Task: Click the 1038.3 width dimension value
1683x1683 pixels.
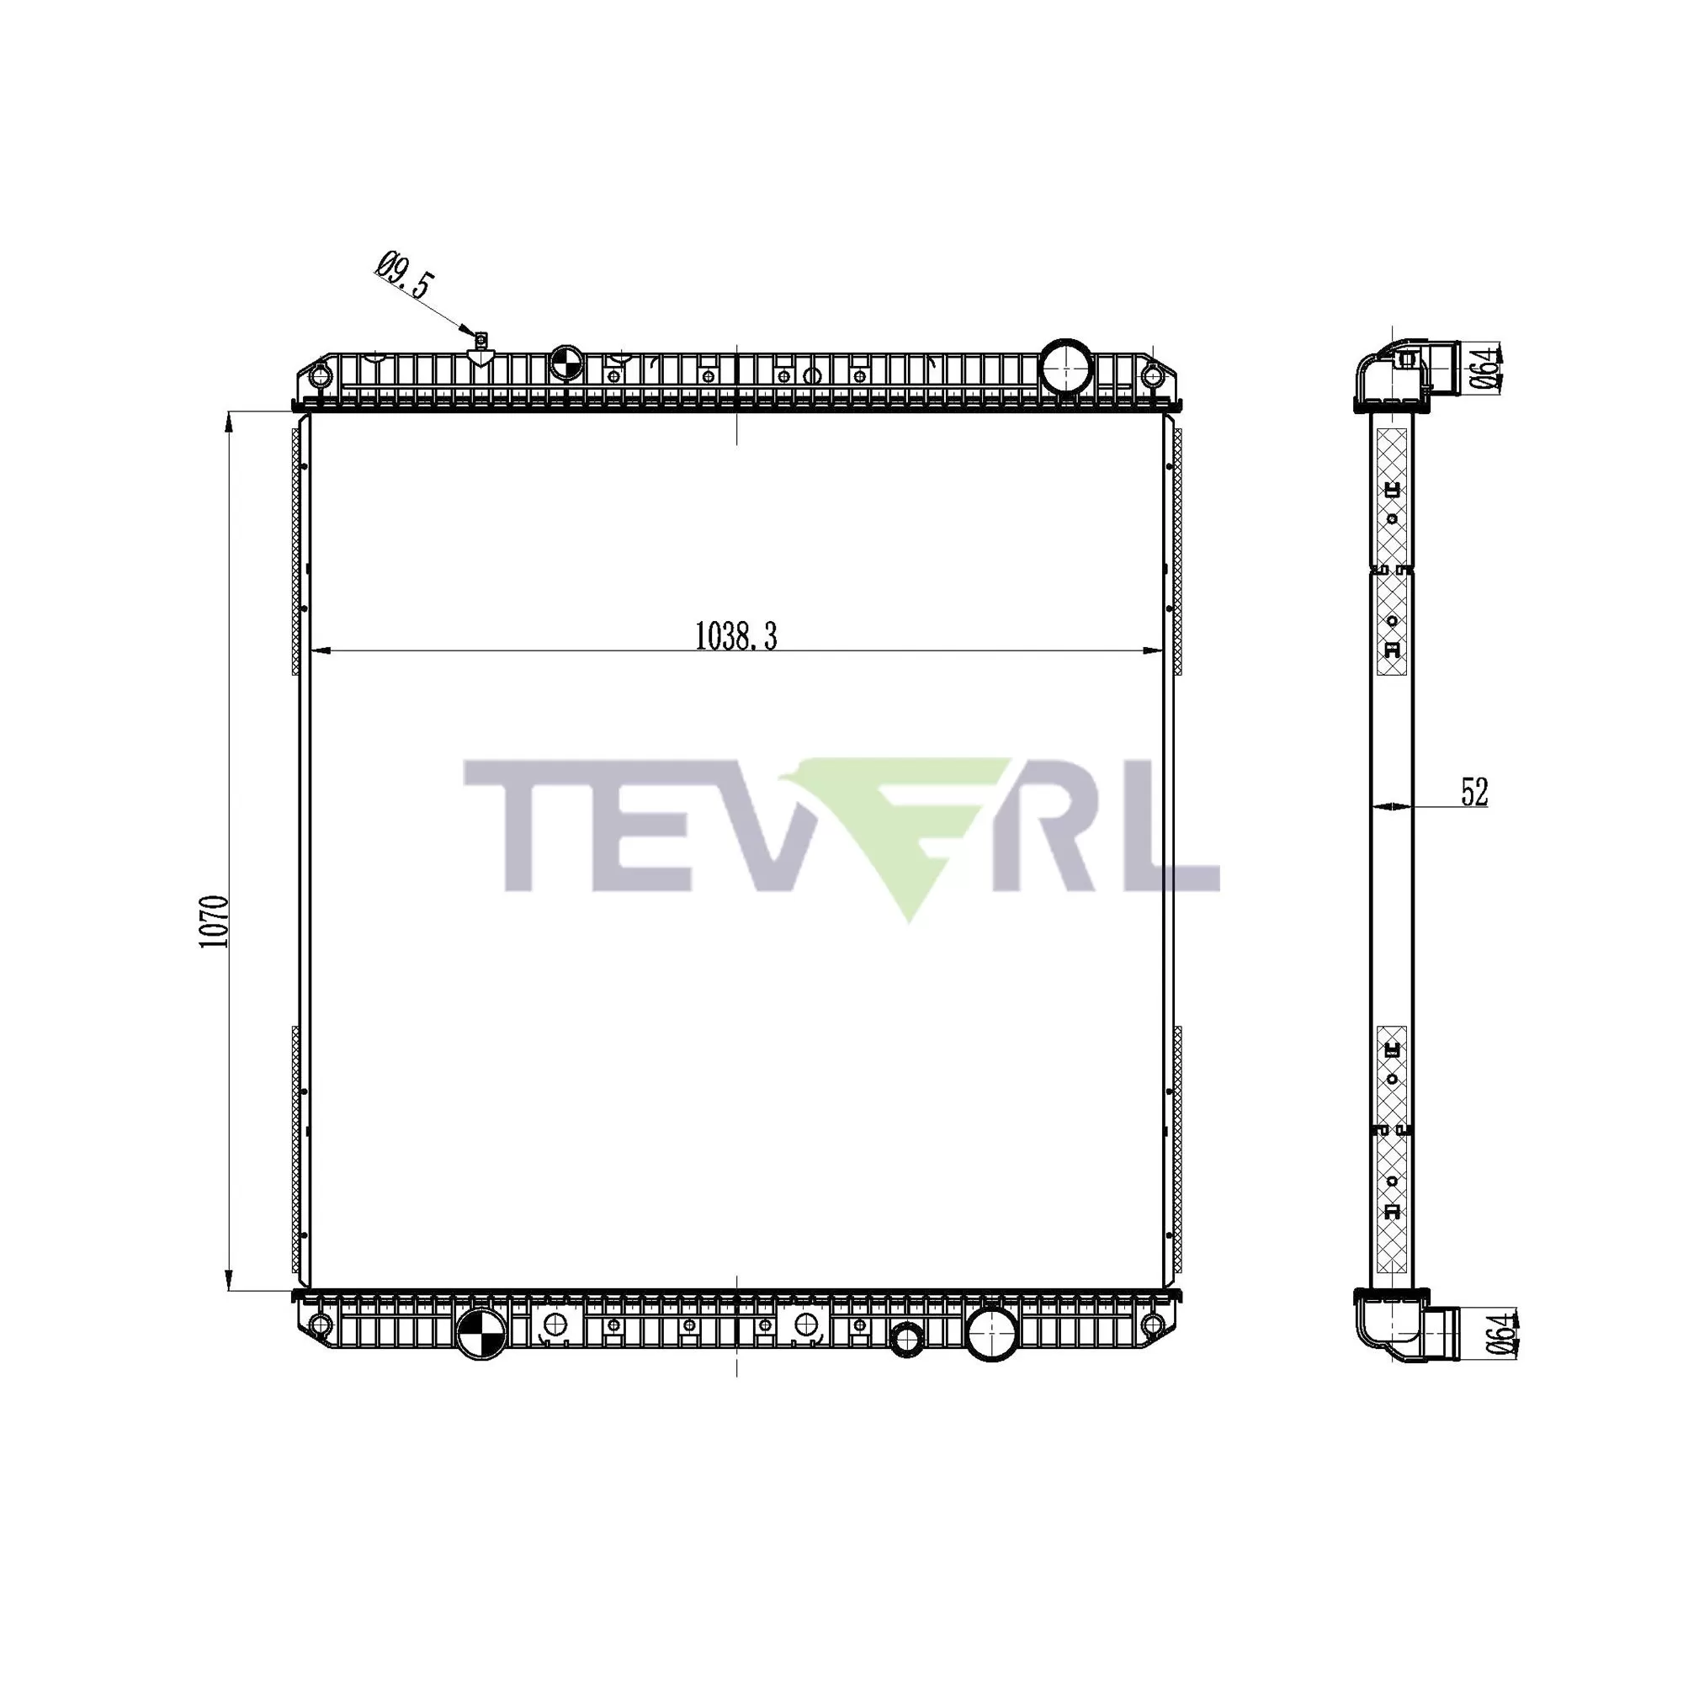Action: (x=735, y=637)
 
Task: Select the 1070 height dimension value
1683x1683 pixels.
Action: (x=215, y=921)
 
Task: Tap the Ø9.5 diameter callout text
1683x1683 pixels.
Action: (x=405, y=274)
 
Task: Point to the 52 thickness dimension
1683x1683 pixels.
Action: (x=1474, y=792)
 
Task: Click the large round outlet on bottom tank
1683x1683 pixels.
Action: (x=993, y=1334)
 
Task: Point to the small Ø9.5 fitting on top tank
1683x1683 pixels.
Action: (x=479, y=339)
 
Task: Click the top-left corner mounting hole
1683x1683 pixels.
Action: (x=321, y=376)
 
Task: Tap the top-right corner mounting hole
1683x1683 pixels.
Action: (x=1153, y=376)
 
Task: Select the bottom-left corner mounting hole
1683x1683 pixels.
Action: (x=320, y=1326)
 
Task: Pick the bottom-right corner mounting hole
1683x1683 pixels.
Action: (x=1153, y=1326)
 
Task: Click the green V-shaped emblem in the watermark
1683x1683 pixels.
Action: (x=906, y=827)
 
